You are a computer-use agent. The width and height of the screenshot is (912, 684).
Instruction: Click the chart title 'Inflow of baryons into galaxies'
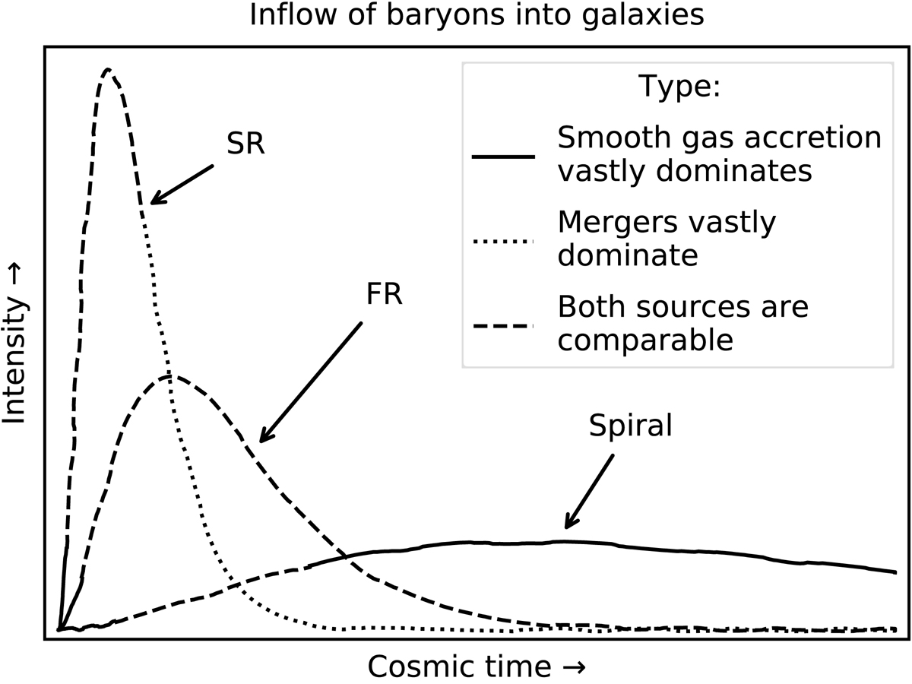[x=477, y=15]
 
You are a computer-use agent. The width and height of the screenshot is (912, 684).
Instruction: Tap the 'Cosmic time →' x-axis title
[x=477, y=667]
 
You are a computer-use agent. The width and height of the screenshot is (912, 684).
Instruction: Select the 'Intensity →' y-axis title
[x=14, y=344]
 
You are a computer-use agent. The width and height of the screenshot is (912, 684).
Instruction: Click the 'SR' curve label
[x=245, y=144]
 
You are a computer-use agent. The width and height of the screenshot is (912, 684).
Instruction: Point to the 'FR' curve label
[x=385, y=294]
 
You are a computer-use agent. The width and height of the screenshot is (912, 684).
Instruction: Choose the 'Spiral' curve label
[x=630, y=426]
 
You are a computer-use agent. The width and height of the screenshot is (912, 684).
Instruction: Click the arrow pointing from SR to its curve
[x=182, y=185]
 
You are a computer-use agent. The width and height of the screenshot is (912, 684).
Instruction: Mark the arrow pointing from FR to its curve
[x=310, y=382]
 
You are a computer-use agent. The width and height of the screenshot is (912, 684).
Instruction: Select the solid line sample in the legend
[x=503, y=157]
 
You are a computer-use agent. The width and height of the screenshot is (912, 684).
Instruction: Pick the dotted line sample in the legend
[x=503, y=241]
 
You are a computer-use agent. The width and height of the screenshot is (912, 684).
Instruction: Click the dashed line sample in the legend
[x=503, y=326]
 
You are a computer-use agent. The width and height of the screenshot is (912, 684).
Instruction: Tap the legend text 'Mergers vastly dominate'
[x=667, y=239]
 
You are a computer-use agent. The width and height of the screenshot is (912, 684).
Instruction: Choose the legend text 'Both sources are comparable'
[x=683, y=324]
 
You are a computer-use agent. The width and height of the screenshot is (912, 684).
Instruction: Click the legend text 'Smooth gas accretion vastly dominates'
[x=720, y=154]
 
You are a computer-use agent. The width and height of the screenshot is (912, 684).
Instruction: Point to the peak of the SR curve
[x=108, y=69]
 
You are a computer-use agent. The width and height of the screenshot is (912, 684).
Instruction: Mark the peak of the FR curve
[x=170, y=376]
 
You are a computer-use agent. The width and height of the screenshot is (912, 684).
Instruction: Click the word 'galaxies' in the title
[x=643, y=16]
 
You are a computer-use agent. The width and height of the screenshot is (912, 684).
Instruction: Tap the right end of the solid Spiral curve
[x=896, y=573]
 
